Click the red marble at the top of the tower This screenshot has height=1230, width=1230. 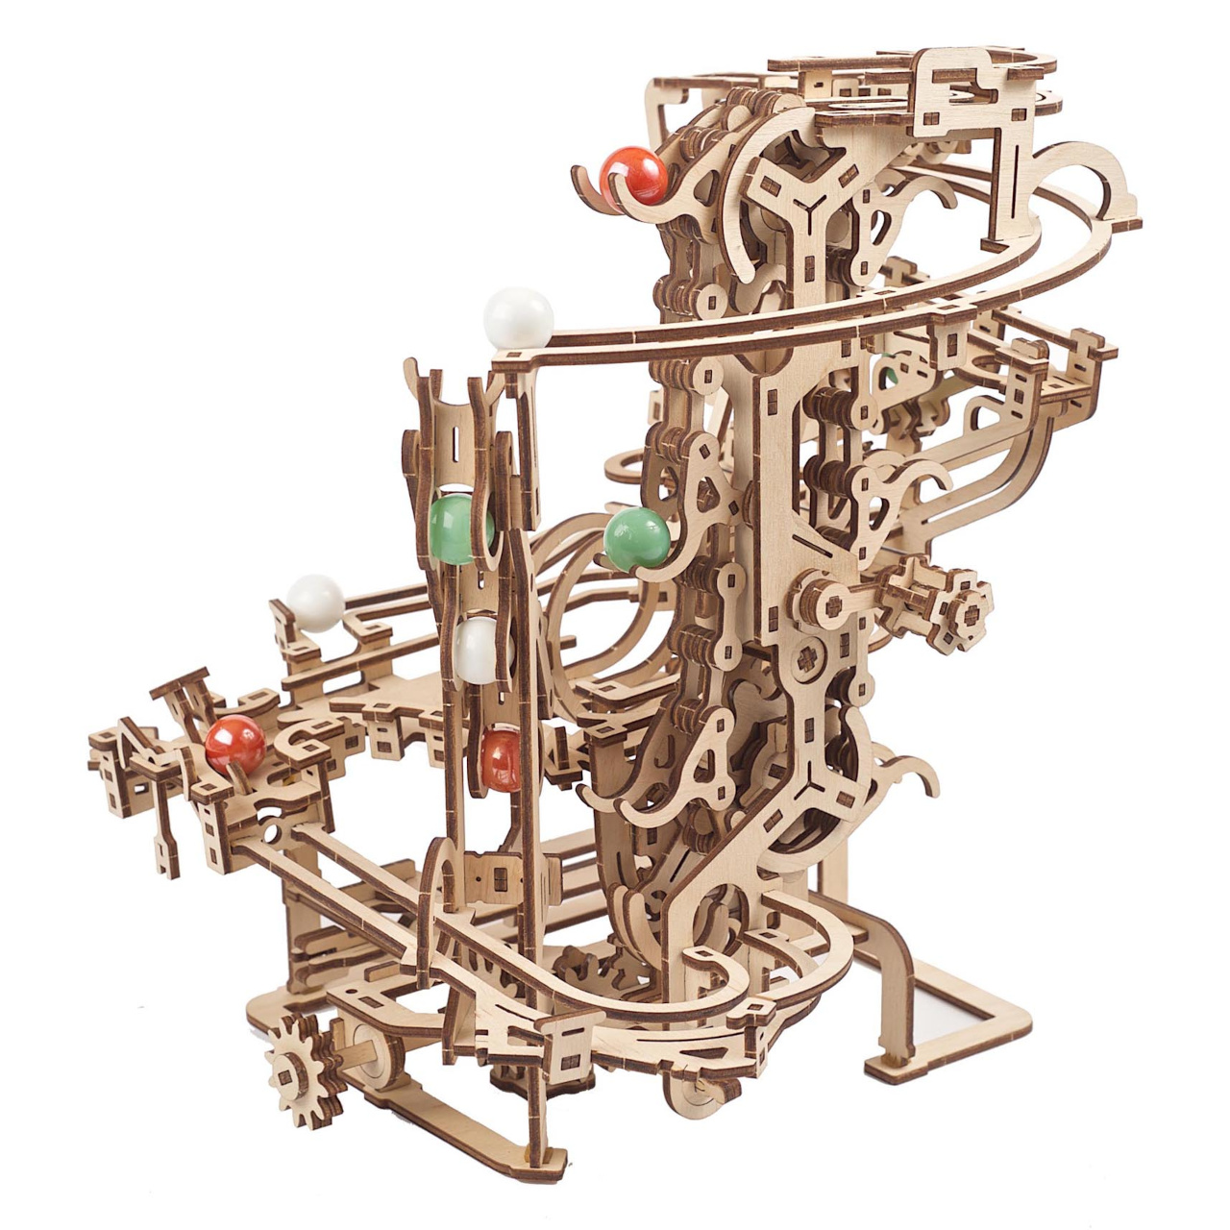pyautogui.click(x=634, y=175)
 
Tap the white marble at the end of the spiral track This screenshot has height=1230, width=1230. pyautogui.click(x=519, y=317)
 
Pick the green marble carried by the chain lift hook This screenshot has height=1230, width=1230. pyautogui.click(x=636, y=537)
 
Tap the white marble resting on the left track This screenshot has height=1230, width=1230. pyautogui.click(x=315, y=603)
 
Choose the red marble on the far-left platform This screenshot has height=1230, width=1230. pyautogui.click(x=234, y=744)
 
